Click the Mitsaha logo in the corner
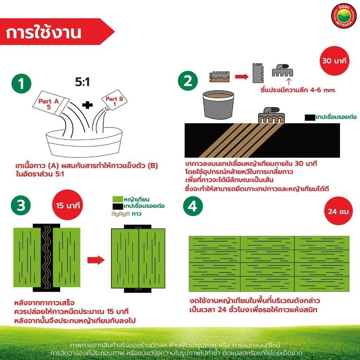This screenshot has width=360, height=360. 343,16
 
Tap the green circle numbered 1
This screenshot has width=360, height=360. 21,83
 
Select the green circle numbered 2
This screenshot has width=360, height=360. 188,81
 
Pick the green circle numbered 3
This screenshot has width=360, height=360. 21,205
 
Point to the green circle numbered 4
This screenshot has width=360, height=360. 193,206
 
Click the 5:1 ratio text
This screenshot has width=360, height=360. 82,82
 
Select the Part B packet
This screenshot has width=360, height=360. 114,101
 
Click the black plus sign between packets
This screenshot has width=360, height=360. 88,105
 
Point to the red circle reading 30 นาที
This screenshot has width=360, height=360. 334,61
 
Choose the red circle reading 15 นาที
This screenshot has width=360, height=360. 67,205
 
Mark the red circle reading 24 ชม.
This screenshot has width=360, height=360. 339,211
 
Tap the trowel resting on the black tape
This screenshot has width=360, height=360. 271,115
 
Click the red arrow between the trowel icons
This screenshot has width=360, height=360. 242,76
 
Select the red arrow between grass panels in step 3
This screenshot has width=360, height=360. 96,260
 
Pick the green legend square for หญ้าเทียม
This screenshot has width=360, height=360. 117,199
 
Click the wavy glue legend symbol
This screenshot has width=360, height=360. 121,214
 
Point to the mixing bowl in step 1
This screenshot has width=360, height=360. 84,142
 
